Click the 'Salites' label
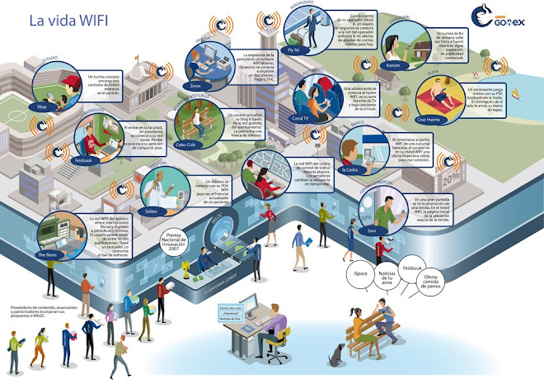[x=150, y=211]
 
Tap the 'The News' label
[x=48, y=256]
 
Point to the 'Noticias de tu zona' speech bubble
[x=388, y=280]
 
